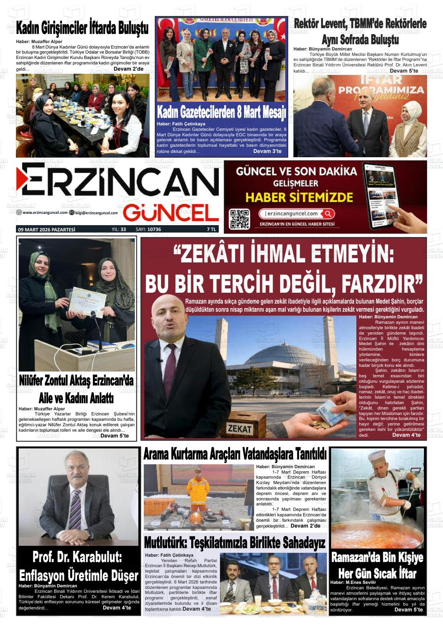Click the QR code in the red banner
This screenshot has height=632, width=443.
coord(239,219)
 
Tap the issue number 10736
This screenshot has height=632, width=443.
coord(154,229)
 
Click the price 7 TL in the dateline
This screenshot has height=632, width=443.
coord(211,229)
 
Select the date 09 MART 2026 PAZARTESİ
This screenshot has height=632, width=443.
coord(47,229)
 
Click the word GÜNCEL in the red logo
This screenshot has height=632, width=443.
coord(171,213)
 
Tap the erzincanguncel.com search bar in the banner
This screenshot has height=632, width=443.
coord(296,214)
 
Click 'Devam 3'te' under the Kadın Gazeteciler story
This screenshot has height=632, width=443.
coord(267,151)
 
